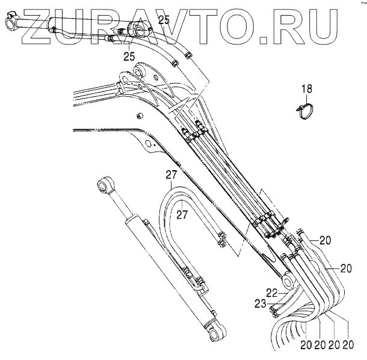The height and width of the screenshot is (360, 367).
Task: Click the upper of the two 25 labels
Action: (x=164, y=20)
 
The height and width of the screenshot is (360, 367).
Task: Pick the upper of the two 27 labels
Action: (x=171, y=175)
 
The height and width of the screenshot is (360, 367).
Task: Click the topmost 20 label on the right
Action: (x=325, y=240)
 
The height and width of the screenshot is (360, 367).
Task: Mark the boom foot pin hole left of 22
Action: (x=287, y=282)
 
